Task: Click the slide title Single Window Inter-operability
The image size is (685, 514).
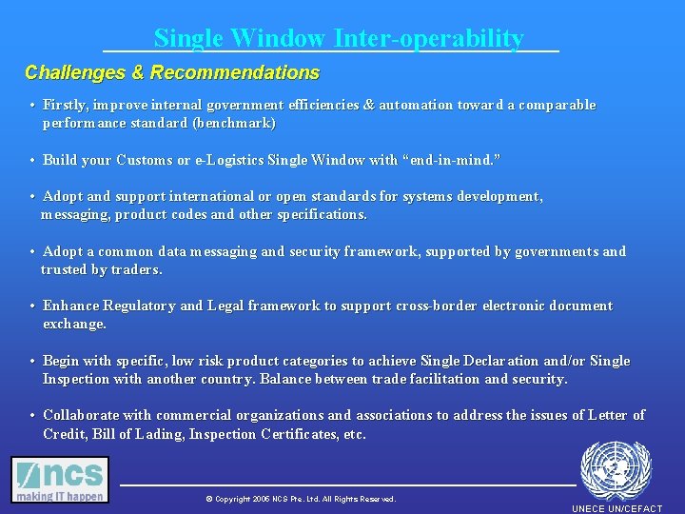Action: tap(339, 38)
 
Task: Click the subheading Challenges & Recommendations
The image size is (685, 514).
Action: tap(172, 72)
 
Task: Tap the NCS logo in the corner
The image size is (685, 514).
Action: tap(60, 480)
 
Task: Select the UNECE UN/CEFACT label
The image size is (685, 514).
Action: tap(616, 508)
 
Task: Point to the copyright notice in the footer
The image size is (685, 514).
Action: tap(301, 499)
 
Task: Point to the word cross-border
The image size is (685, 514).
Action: tap(433, 306)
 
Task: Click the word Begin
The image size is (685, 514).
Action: tap(61, 361)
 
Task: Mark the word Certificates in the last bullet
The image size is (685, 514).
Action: tap(296, 434)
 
